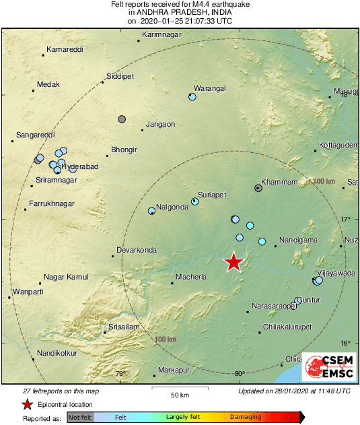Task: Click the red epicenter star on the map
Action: [x=233, y=262]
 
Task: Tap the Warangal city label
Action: [x=209, y=88]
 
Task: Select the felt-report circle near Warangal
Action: [x=192, y=97]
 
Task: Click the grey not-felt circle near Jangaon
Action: [x=122, y=119]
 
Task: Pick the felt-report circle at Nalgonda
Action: [x=151, y=211]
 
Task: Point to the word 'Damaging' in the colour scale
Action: [x=246, y=418]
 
